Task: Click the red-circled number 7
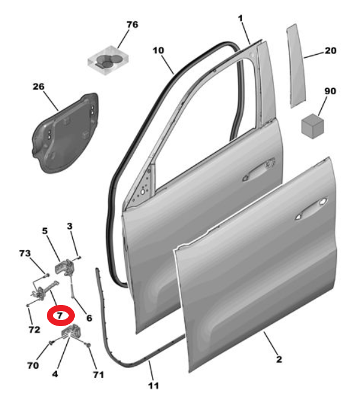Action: [60, 315]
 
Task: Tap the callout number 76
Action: [132, 25]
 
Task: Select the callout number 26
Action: [38, 86]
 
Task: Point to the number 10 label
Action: [158, 51]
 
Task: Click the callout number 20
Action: [331, 51]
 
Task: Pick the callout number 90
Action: [330, 91]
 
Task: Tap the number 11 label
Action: [154, 386]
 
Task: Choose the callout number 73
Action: [25, 253]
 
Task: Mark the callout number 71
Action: [99, 374]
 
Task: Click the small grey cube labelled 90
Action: [312, 126]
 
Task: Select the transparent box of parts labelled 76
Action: [108, 60]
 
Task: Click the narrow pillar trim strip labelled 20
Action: [296, 66]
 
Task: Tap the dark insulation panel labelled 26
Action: [66, 133]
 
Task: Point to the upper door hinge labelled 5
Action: [64, 267]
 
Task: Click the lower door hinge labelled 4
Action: [71, 332]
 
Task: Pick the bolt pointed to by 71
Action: [89, 344]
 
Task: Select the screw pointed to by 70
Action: [51, 343]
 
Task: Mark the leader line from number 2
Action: [270, 343]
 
